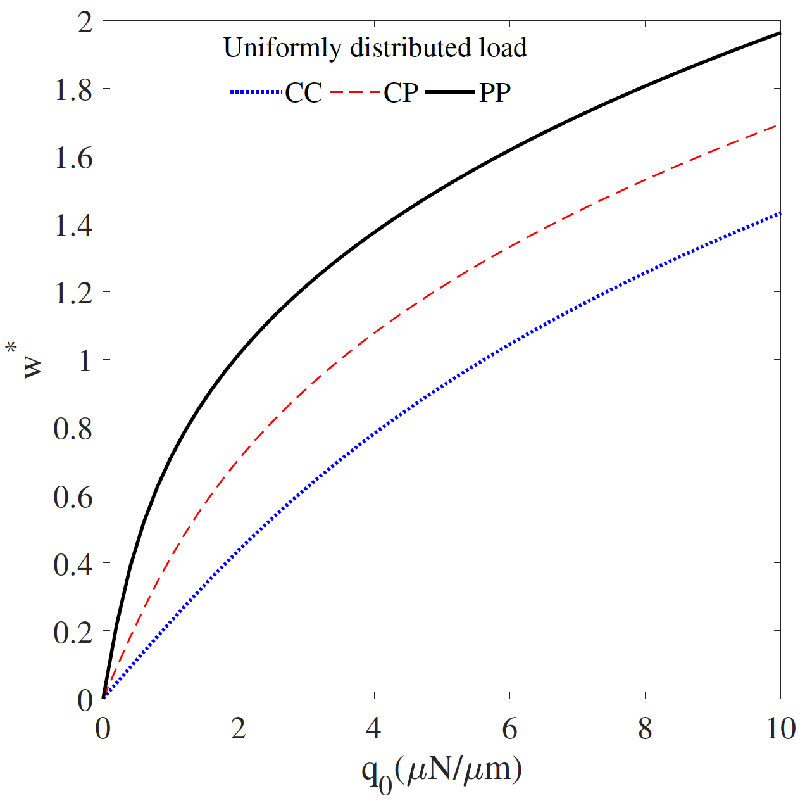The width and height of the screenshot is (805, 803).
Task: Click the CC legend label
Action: click(304, 93)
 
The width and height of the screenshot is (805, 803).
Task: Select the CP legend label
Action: click(401, 93)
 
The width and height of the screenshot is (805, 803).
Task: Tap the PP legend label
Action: click(495, 93)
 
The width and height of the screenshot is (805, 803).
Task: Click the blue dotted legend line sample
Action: click(255, 92)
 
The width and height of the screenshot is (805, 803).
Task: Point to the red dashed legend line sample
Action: click(356, 92)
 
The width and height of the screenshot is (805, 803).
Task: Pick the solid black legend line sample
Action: click(449, 92)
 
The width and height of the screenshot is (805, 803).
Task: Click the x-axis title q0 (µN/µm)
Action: click(442, 771)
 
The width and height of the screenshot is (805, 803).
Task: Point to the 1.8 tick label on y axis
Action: click(73, 89)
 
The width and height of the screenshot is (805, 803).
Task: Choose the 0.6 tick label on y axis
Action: click(73, 496)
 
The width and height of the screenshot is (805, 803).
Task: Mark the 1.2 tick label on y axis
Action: click(73, 293)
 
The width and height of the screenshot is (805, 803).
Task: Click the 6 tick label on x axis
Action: click(509, 729)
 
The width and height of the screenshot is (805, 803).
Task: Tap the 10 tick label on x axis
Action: click(780, 729)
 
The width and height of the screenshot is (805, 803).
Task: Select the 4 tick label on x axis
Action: click(374, 729)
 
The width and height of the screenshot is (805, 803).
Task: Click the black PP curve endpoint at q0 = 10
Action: click(779, 33)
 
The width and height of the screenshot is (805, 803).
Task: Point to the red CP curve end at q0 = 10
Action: click(778, 125)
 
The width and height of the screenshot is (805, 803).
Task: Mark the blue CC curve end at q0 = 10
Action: click(779, 213)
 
